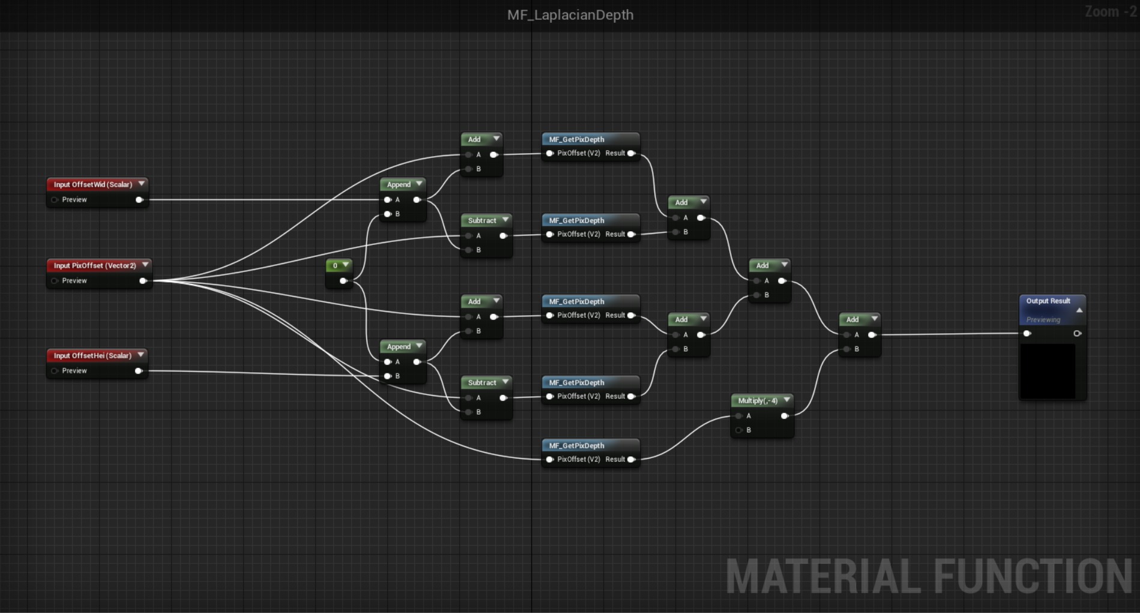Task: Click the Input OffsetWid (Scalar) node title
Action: pos(93,184)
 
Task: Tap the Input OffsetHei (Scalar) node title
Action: pos(92,355)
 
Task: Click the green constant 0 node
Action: pos(339,273)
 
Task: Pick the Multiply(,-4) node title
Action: pos(758,400)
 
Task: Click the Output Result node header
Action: pos(1052,301)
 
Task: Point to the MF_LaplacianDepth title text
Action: pos(570,15)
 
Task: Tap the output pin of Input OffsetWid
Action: pos(139,200)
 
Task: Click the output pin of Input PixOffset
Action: pos(143,281)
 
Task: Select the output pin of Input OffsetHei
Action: pos(139,371)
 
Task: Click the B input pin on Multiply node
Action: pos(739,430)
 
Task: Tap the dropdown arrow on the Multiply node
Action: pos(786,400)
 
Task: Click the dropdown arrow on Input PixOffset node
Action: pos(145,265)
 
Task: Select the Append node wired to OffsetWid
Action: pos(403,199)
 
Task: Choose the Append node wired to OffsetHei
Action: pos(403,361)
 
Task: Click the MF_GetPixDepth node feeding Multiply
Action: pos(590,453)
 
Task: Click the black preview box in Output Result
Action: pos(1048,371)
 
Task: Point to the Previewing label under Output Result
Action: pos(1043,320)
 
